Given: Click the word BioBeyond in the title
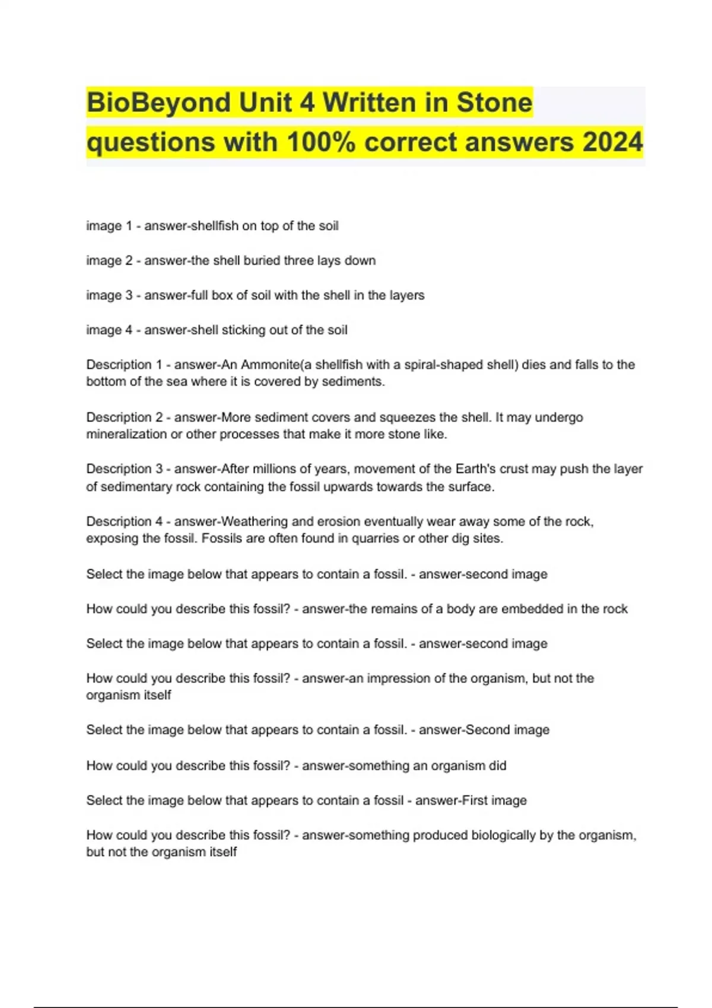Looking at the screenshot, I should click(158, 103).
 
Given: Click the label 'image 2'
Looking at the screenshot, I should click(109, 260).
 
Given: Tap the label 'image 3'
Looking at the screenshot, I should click(109, 295).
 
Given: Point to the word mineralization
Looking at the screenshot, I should click(126, 434).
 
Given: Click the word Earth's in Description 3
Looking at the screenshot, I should click(478, 469).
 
